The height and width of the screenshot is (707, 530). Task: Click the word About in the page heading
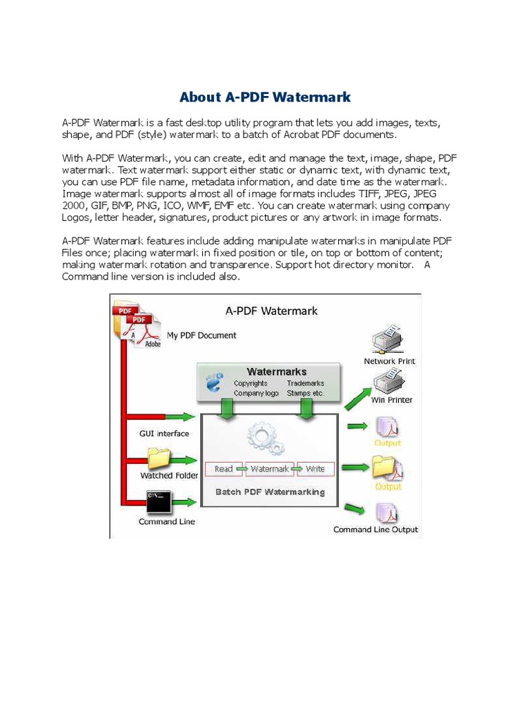click(x=199, y=97)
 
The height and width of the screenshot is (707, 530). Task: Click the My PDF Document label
click(x=202, y=336)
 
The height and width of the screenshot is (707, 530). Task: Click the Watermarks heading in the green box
click(x=277, y=371)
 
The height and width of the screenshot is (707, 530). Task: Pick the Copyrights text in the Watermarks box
click(x=251, y=383)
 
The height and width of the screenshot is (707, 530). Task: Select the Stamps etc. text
click(x=306, y=393)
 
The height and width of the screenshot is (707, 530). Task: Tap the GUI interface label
click(x=164, y=434)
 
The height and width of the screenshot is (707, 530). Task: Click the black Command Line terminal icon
click(x=159, y=502)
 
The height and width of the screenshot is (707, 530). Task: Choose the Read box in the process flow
click(x=224, y=469)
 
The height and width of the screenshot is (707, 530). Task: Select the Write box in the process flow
click(x=315, y=469)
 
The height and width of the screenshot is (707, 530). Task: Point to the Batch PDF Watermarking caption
click(x=270, y=492)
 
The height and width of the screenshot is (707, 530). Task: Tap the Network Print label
click(x=389, y=361)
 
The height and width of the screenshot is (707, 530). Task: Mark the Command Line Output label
click(x=375, y=530)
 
